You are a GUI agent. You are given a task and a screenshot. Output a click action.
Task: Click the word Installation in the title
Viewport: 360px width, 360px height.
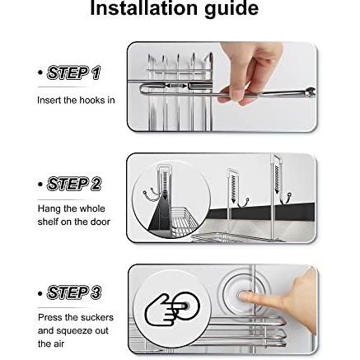point(143,8)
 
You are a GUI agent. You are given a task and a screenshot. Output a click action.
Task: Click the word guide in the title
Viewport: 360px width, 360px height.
point(231,10)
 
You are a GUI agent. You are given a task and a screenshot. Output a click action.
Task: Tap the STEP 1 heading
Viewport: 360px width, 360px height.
point(73,73)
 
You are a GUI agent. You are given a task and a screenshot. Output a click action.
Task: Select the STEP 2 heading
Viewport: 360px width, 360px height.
point(74,184)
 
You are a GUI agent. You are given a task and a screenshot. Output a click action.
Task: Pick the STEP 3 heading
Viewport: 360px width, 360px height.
point(74,292)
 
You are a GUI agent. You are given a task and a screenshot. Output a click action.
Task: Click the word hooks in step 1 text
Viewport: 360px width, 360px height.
point(84,100)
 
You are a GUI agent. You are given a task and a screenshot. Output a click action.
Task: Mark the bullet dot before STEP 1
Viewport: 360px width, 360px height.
point(40,73)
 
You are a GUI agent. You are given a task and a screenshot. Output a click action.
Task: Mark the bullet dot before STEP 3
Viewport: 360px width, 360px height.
point(40,293)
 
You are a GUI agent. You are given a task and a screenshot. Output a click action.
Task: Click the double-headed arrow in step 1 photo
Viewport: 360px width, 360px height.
point(175,86)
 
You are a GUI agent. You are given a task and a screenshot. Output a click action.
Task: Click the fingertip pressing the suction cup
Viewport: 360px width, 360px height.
point(243,296)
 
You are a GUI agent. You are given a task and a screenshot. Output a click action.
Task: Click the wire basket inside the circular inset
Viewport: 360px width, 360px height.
point(184,220)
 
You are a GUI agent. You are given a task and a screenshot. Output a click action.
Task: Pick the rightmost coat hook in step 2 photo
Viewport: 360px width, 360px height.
point(286,199)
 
